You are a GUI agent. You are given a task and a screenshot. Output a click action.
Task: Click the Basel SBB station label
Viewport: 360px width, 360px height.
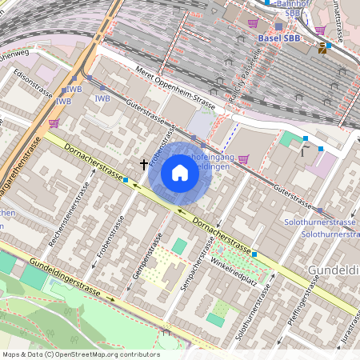279,37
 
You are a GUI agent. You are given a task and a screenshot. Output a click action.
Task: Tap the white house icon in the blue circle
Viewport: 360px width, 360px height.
179,172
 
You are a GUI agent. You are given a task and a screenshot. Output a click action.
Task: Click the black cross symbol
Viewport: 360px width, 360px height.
144,164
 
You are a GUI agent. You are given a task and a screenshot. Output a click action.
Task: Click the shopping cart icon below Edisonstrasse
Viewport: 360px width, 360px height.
54,123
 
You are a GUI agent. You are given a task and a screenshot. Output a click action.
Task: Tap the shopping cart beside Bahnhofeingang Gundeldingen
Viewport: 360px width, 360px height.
243,158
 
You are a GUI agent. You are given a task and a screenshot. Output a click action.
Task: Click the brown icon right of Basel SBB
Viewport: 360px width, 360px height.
322,48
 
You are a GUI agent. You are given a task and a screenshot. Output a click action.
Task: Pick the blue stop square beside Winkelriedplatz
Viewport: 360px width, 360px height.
255,254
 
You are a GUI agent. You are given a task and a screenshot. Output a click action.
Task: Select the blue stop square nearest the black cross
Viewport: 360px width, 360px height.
126,180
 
